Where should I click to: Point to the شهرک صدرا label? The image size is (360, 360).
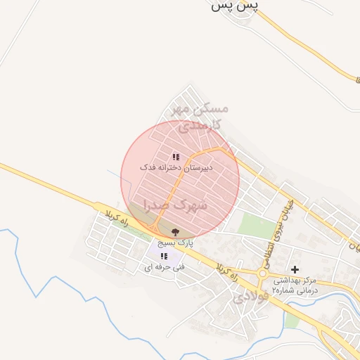[x=176, y=205]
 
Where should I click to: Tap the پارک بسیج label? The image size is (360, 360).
[x=174, y=243]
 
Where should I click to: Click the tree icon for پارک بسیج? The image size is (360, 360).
[x=175, y=231]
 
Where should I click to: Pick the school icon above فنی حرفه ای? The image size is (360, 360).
[x=164, y=256]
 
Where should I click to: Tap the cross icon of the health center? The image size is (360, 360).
[x=295, y=269]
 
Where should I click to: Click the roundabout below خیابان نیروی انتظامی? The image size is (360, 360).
[x=264, y=274]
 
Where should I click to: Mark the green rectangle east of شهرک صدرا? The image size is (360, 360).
[x=256, y=226]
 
